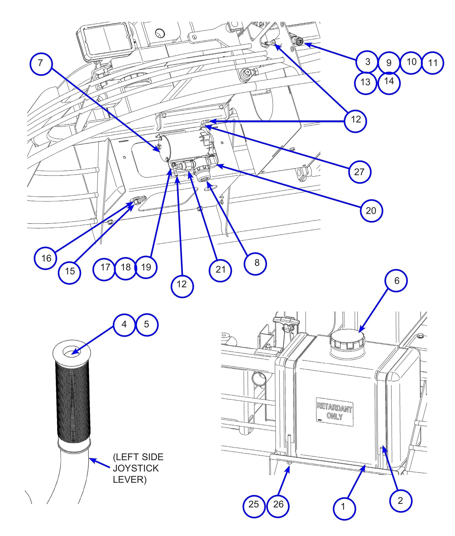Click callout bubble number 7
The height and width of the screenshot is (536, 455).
pos(41,63)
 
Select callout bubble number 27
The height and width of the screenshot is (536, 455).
pos(359,172)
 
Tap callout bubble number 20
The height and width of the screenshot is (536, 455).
pos(371,211)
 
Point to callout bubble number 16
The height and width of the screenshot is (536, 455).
pos(46,258)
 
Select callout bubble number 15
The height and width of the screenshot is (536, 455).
pos(69,272)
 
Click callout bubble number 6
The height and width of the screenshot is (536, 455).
pos(396,281)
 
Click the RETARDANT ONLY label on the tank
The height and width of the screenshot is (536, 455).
pos(334,412)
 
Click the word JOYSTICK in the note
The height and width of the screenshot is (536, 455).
pos(136,468)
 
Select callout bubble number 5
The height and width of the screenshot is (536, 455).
pos(147,325)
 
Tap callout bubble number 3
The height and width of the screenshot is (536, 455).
pos(367,62)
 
